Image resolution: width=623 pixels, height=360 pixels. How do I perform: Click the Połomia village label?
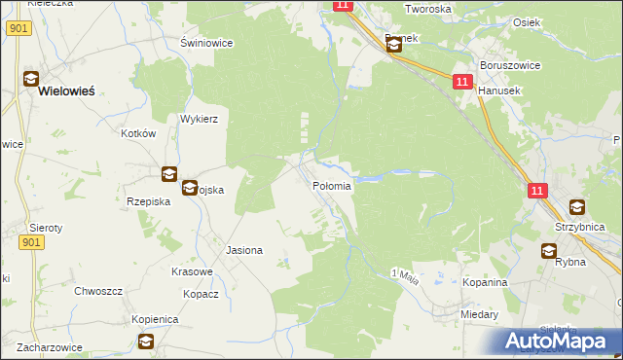(x=331, y=186)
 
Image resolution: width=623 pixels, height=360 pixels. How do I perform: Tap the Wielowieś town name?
(x=67, y=91)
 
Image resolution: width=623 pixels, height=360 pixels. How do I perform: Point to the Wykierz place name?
(x=198, y=119)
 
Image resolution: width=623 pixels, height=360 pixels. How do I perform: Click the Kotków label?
(x=138, y=133)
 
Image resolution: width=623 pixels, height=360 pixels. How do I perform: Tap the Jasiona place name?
(x=244, y=250)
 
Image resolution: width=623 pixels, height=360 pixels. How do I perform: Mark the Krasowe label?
(x=192, y=271)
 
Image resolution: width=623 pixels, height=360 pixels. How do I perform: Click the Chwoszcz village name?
(x=97, y=290)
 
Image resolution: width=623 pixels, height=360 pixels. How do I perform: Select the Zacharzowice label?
(x=48, y=346)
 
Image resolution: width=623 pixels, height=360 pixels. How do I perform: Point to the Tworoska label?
(x=428, y=9)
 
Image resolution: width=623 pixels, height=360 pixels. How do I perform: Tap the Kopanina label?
(x=486, y=282)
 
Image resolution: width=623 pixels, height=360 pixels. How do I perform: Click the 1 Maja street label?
(x=405, y=277)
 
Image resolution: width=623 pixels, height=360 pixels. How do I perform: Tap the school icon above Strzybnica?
(x=577, y=207)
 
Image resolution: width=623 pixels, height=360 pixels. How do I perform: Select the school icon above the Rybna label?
(x=550, y=251)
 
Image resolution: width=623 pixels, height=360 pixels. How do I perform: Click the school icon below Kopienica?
(x=145, y=341)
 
